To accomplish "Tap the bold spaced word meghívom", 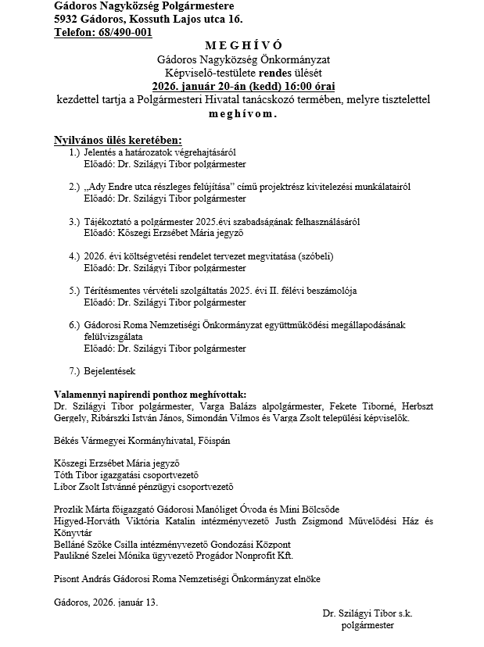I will point(242,113).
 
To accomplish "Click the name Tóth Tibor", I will point(75,474).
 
